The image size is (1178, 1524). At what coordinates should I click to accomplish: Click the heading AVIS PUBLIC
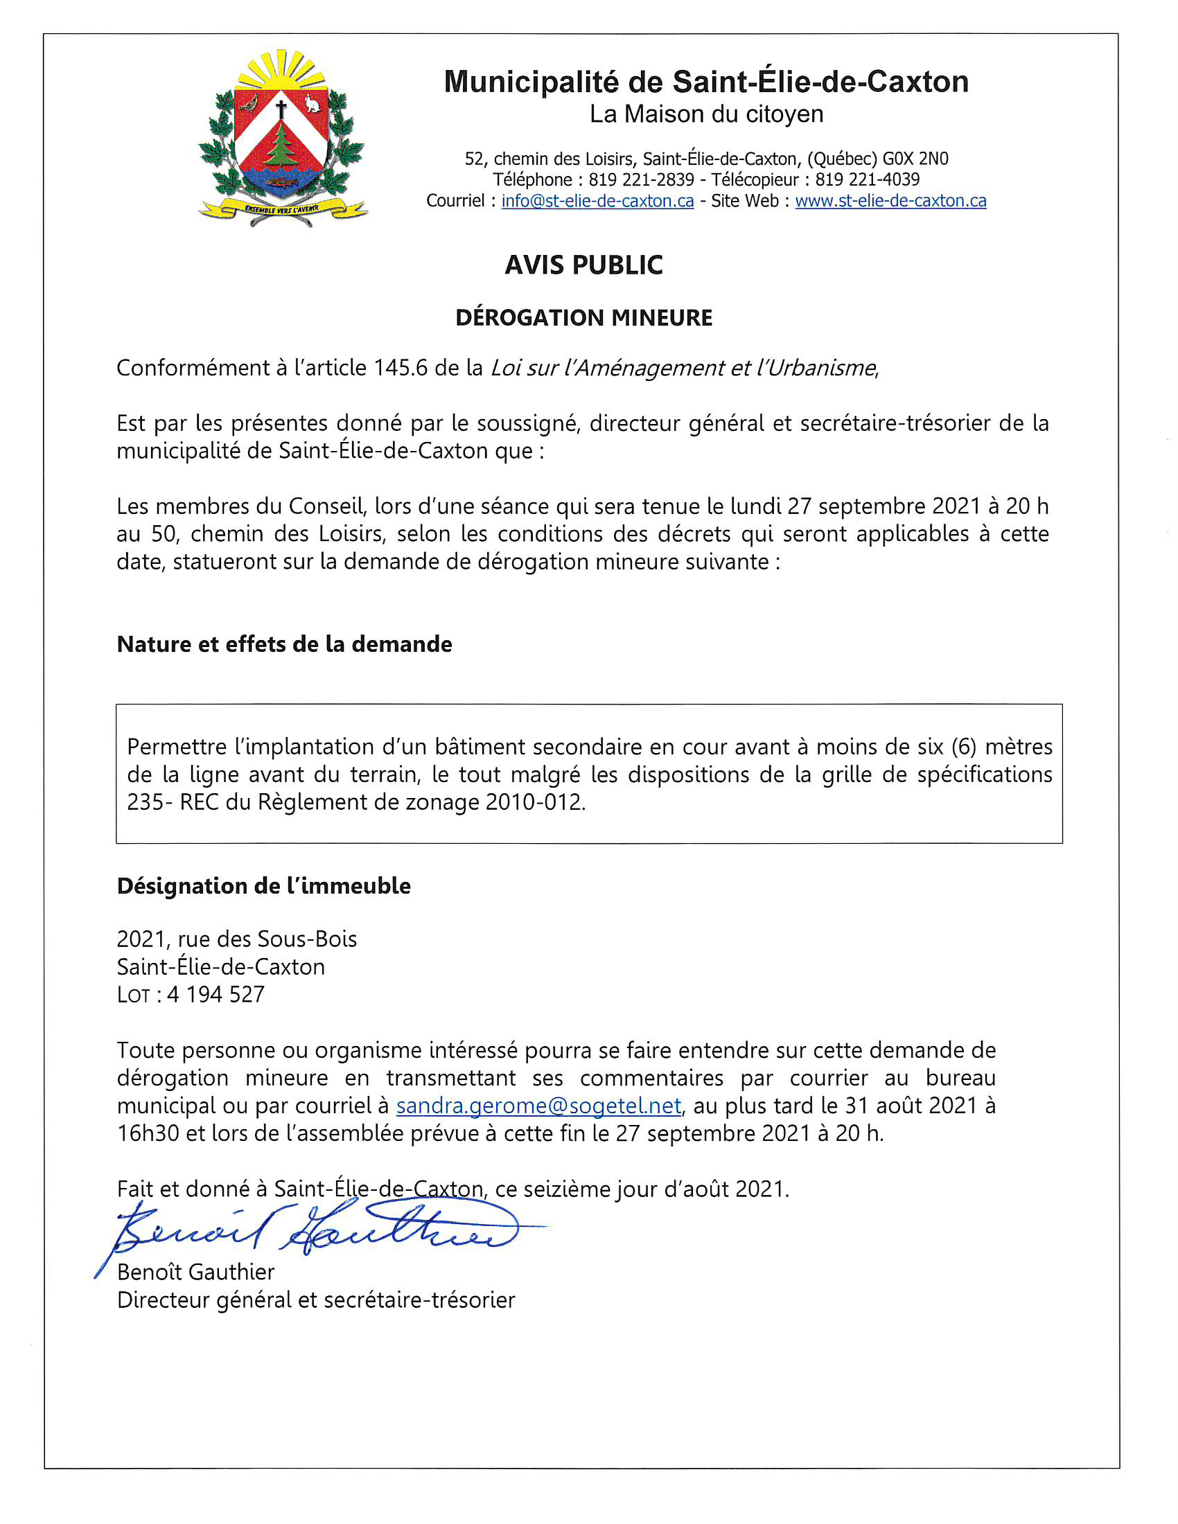click(x=583, y=265)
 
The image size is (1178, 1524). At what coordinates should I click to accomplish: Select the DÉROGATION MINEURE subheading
click(x=583, y=318)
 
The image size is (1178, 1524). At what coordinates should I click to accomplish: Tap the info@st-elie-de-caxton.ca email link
click(x=597, y=201)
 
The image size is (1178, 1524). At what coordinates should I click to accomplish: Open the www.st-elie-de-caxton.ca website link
click(x=890, y=201)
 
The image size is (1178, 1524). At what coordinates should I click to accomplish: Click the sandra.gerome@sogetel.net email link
click(x=538, y=1106)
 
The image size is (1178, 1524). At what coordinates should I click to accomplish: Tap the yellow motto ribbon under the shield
click(x=282, y=208)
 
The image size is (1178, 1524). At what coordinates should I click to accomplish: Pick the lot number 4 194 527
click(x=216, y=994)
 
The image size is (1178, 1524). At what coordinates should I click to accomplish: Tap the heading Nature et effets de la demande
click(x=284, y=644)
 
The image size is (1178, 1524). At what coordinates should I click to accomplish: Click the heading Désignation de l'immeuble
click(x=263, y=886)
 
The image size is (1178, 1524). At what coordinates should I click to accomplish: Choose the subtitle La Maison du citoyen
click(x=706, y=114)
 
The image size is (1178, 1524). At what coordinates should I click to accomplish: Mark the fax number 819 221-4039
click(x=867, y=180)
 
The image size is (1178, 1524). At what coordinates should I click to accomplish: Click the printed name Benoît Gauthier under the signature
click(x=195, y=1272)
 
